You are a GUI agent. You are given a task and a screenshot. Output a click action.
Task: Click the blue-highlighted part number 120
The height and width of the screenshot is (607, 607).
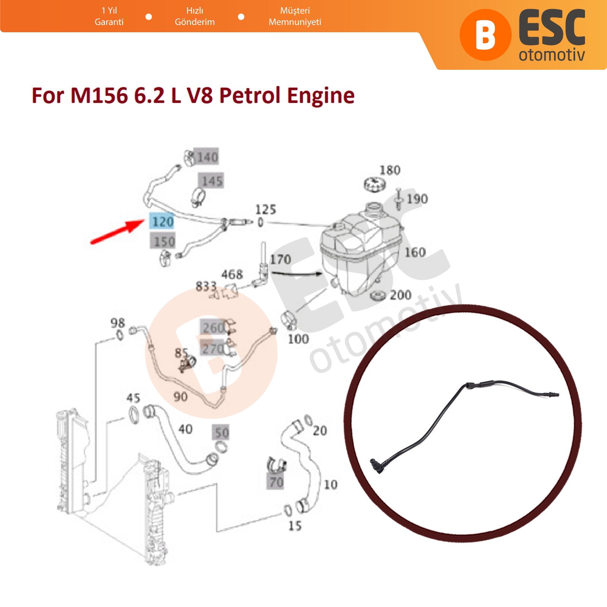pyautogui.click(x=163, y=221)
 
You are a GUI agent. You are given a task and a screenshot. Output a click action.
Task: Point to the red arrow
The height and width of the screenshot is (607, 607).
pyautogui.click(x=116, y=232)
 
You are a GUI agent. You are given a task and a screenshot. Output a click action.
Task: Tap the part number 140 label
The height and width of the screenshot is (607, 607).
pyautogui.click(x=207, y=157)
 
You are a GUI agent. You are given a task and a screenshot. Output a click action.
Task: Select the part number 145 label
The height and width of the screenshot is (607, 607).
pyautogui.click(x=212, y=181)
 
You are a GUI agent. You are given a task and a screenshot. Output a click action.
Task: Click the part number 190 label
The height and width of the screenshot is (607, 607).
pyautogui.click(x=417, y=199)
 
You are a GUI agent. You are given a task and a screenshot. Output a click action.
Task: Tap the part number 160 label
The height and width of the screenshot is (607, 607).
pyautogui.click(x=415, y=252)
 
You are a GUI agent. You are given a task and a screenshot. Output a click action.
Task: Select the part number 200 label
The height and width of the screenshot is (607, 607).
pyautogui.click(x=401, y=295)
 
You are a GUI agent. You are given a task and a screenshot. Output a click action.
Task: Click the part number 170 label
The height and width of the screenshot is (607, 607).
pyautogui.click(x=280, y=259)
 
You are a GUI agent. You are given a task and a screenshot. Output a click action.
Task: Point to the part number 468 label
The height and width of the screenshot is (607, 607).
pyautogui.click(x=232, y=274)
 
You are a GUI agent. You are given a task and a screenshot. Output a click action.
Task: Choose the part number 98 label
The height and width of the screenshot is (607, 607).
pyautogui.click(x=118, y=323)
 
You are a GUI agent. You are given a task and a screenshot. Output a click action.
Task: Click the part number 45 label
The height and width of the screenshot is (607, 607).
pyautogui.click(x=133, y=398)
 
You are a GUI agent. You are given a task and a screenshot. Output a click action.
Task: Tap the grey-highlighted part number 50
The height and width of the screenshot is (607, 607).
pyautogui.click(x=222, y=433)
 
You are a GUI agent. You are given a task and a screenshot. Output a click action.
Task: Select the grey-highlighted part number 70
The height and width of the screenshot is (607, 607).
pyautogui.click(x=276, y=482)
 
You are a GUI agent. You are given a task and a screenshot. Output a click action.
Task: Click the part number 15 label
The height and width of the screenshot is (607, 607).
pyautogui.click(x=295, y=526)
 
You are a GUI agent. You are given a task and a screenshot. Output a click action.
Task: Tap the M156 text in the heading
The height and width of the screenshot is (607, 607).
pyautogui.click(x=99, y=95)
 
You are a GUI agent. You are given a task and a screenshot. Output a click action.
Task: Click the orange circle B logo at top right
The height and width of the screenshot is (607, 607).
pyautogui.click(x=485, y=35)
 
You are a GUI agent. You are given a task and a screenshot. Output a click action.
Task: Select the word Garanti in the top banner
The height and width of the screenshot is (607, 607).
pyautogui.click(x=109, y=22)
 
